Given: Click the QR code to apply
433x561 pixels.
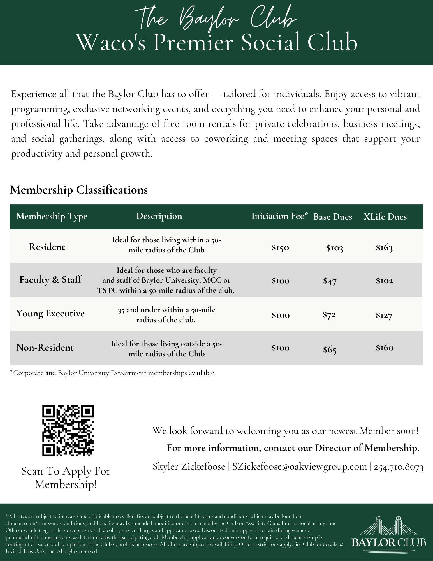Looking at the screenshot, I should (68, 431).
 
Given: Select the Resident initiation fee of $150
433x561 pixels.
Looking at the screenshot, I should (280, 248).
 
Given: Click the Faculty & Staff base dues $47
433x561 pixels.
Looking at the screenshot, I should (330, 281).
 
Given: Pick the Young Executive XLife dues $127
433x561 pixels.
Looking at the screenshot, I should (384, 315).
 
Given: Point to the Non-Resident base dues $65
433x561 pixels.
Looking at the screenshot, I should (330, 350).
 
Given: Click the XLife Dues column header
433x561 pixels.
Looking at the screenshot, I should (385, 217).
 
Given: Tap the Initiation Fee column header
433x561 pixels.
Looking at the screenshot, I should (279, 216).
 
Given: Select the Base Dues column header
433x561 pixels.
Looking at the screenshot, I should (332, 217).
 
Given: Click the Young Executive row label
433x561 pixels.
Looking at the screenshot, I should (50, 313).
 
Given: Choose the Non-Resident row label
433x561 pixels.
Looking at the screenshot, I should (45, 348).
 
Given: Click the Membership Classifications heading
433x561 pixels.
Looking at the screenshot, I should (79, 190).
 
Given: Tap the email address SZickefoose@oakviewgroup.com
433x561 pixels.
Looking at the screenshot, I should (299, 466).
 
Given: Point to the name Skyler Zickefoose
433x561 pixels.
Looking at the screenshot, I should (189, 466).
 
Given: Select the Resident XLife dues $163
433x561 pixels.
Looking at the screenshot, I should (384, 247).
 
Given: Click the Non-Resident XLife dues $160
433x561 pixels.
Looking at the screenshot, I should (385, 348).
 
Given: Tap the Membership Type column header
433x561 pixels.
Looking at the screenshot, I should (52, 216).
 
